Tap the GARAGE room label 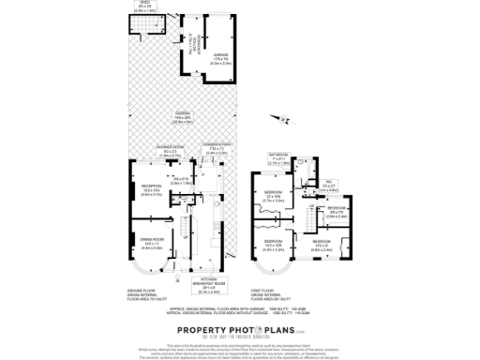(220, 56)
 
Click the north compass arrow (270, 117)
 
